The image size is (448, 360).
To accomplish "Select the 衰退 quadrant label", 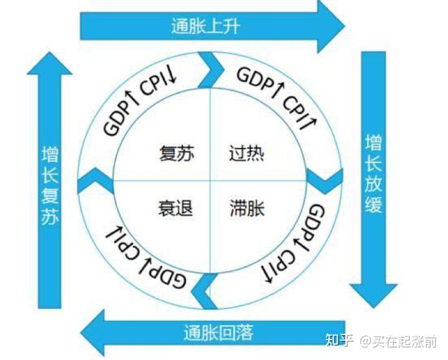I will tap(175, 207).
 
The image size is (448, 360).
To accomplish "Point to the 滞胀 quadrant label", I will tap(247, 207).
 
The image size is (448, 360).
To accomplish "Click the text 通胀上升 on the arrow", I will tap(205, 26).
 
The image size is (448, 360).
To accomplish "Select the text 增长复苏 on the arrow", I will tap(50, 186).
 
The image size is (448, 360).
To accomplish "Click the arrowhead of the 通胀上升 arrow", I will tap(330, 26).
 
